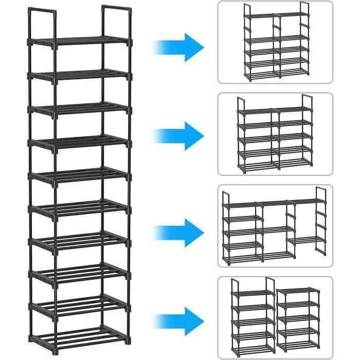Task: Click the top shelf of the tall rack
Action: click(x=80, y=41)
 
